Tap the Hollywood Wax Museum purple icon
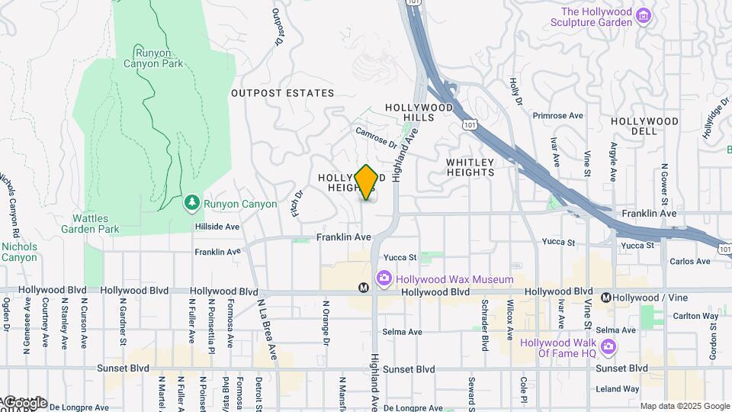pos(384,279)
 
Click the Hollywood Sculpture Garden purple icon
pos(644,16)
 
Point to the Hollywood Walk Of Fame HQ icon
pos(608,347)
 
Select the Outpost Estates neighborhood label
pos(282,93)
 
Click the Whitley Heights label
pos(470,167)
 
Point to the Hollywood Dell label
pos(644,126)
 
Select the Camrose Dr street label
pos(376,137)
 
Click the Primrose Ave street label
pos(557,116)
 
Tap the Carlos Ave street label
pos(689,262)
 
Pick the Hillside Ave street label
pos(217,227)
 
